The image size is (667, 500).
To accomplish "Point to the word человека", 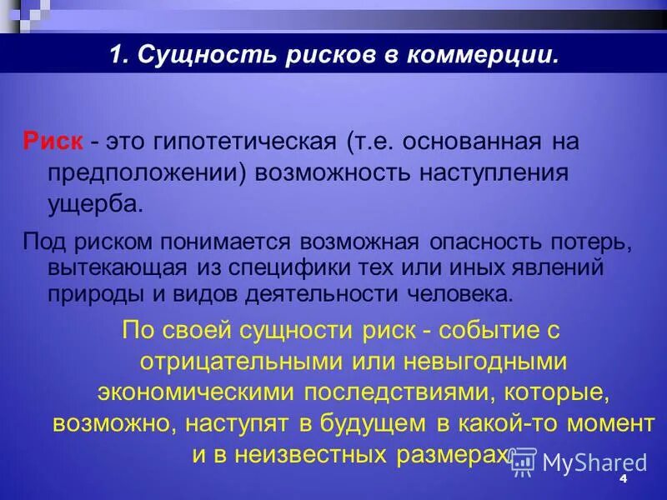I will click(x=464, y=294).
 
